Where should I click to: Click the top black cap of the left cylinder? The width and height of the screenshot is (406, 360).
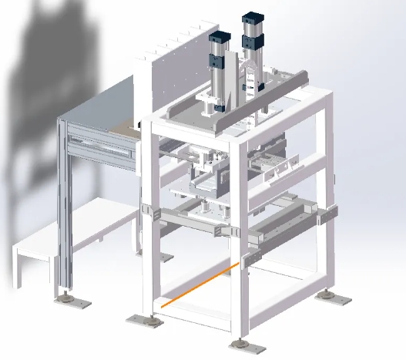[x=221, y=38]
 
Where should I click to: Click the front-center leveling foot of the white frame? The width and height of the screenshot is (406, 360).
[x=243, y=342]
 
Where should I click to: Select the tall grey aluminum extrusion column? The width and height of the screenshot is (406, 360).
[x=63, y=208]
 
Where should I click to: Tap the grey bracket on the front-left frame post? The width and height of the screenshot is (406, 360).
[x=148, y=213]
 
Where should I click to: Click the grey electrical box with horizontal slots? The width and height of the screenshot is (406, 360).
[x=100, y=146]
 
